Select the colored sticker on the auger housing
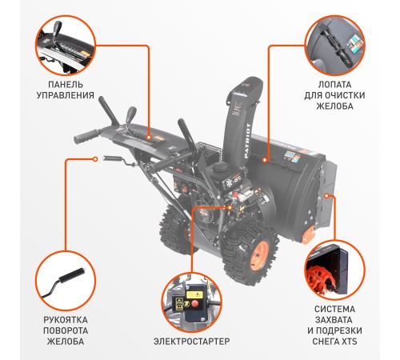pos(287,156)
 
